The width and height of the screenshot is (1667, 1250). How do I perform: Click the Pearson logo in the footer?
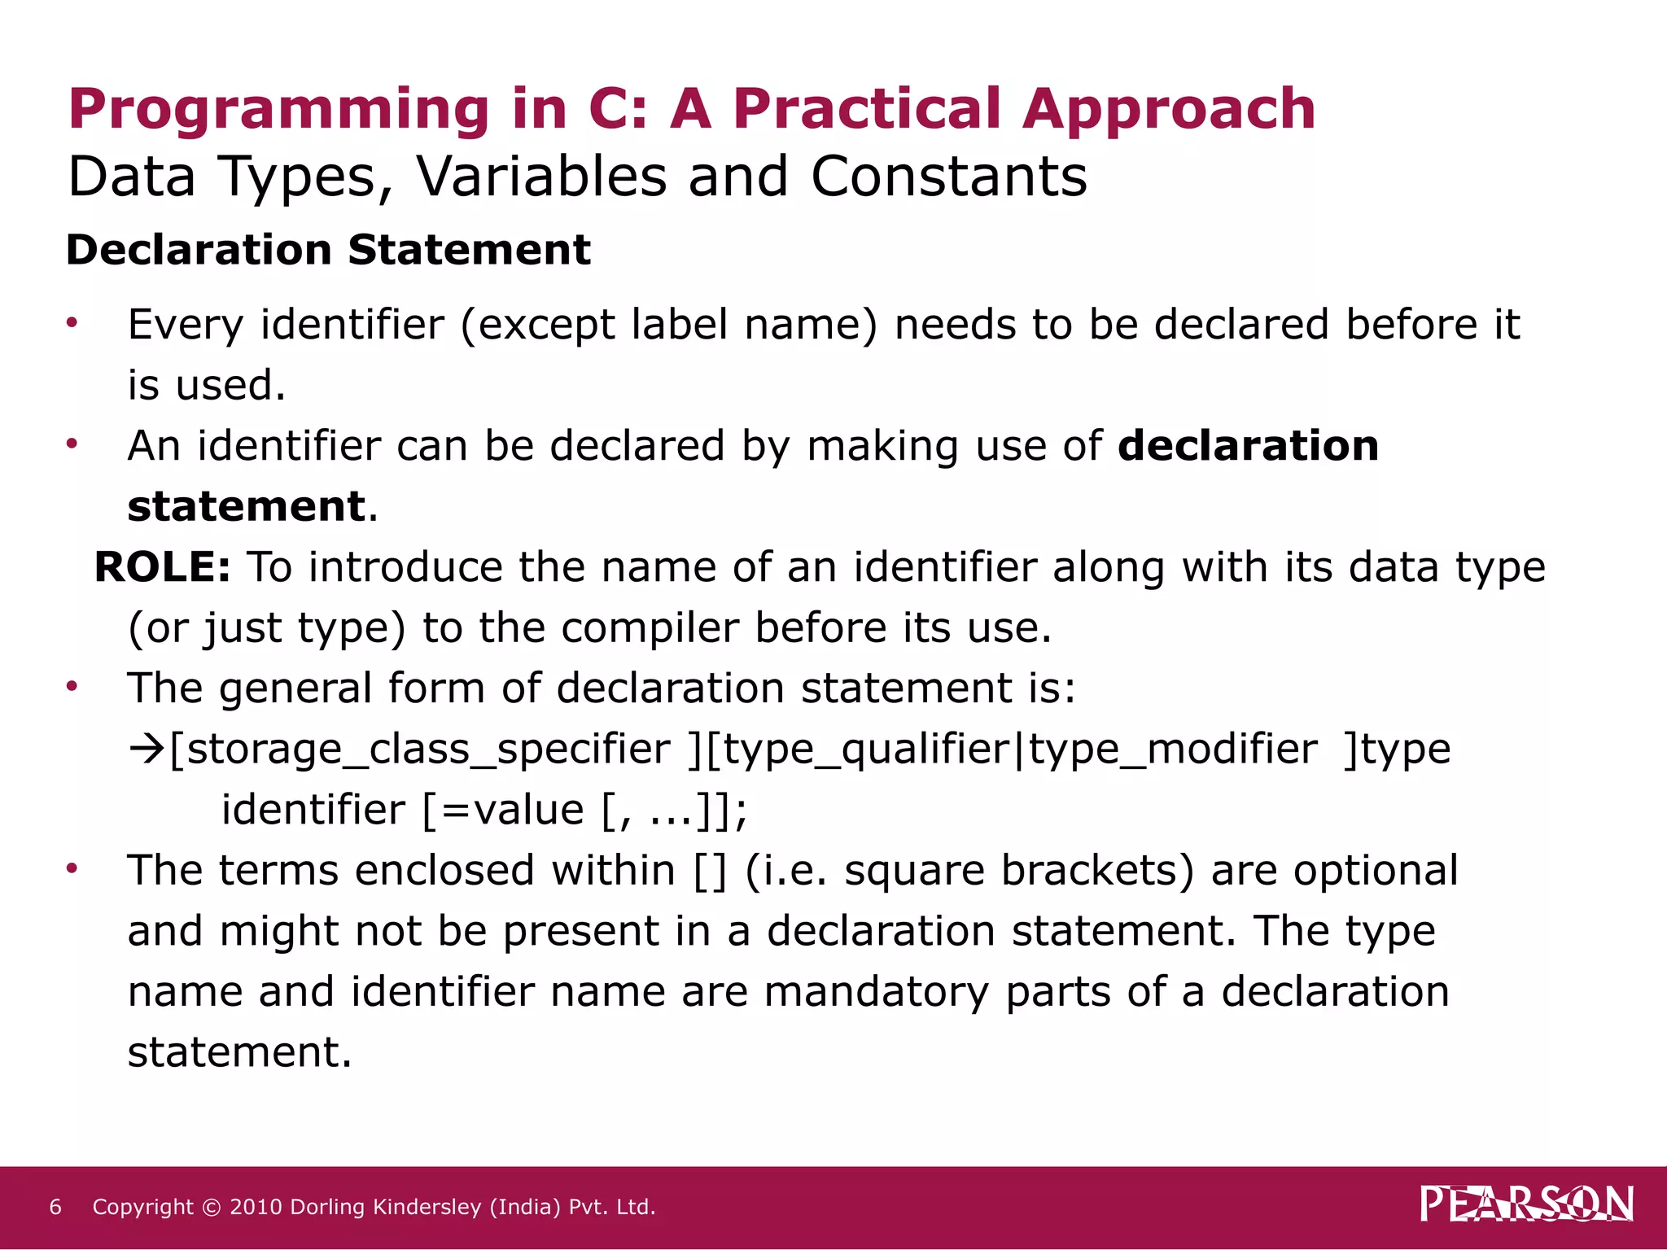tap(1526, 1204)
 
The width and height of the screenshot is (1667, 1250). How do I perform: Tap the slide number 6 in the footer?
tap(55, 1207)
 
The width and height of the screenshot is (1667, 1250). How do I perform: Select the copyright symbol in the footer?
tap(211, 1208)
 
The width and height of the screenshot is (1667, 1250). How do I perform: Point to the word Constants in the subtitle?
tap(948, 177)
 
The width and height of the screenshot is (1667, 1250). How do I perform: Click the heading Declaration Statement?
tap(328, 249)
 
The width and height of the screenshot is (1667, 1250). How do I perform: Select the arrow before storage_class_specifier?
tap(147, 749)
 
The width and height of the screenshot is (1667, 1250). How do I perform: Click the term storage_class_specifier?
tap(420, 749)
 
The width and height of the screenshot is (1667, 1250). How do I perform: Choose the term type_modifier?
tap(1172, 749)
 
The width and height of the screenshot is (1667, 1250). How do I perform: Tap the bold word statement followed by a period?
tap(247, 506)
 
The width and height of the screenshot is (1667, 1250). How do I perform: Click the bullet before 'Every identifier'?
tap(72, 323)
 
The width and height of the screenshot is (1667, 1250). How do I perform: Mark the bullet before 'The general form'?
tap(72, 687)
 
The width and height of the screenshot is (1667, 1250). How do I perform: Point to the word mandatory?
tap(876, 991)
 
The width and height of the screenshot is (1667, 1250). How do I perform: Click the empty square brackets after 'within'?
tap(710, 871)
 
